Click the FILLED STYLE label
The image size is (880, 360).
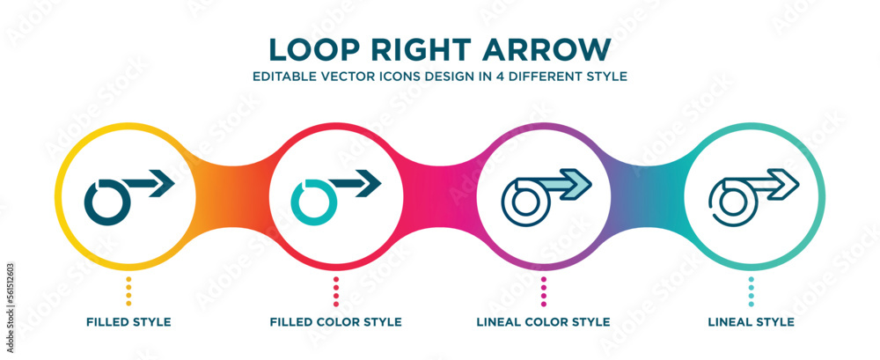point(128,322)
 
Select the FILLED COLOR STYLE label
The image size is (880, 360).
point(336,322)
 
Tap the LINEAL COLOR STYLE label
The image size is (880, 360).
point(544,322)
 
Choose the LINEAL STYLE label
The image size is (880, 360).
point(751,322)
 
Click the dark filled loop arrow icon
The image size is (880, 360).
point(108,201)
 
